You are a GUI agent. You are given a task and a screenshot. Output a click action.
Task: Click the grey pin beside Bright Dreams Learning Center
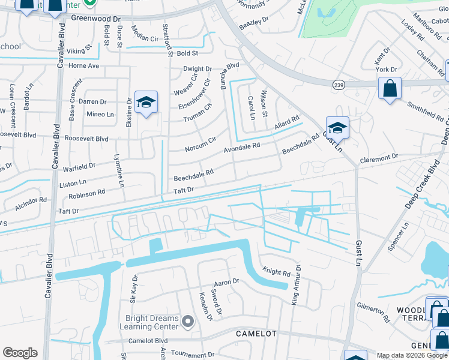[188, 322]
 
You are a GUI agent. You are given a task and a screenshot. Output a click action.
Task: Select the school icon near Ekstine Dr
[145, 103]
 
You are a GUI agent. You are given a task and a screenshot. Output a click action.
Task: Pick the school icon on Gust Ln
[337, 127]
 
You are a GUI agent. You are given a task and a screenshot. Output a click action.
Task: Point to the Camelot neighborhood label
[256, 333]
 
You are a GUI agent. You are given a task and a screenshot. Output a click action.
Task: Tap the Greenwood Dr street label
[96, 18]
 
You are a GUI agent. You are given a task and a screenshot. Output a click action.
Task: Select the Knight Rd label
[276, 272]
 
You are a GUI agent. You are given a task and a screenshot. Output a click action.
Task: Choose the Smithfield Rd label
[425, 111]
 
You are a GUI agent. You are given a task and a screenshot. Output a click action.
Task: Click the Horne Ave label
[83, 65]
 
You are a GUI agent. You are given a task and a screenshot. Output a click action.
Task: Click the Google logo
[20, 353]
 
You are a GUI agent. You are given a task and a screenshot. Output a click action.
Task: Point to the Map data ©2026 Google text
[412, 355]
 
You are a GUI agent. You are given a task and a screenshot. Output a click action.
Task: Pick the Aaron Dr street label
[226, 281]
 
